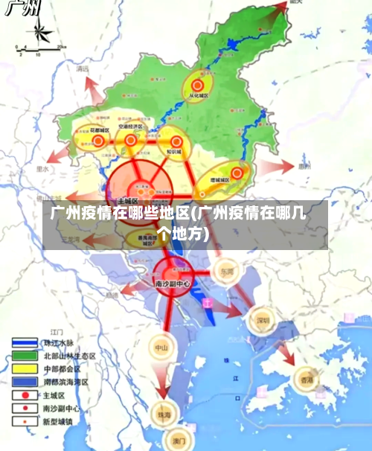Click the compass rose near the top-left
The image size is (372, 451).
(38, 32)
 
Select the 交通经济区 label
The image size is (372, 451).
(132, 128)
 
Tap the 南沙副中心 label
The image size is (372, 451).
(172, 284)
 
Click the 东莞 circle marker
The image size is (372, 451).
(226, 272)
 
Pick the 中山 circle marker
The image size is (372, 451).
(161, 347)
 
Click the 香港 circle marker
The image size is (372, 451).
(307, 380)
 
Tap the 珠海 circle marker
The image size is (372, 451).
(161, 415)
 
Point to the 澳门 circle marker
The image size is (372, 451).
(177, 439)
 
